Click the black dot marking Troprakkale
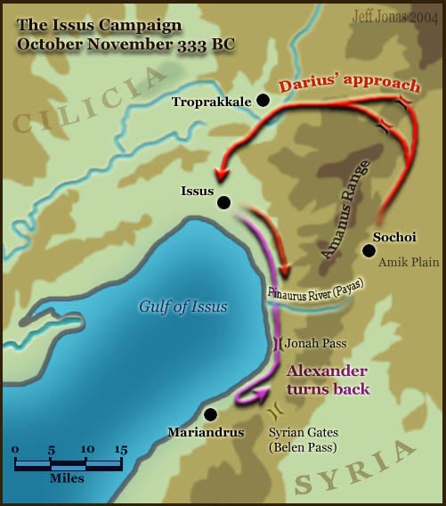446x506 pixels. click(263, 102)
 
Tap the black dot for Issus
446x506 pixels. click(223, 202)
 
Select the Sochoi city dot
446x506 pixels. click(369, 250)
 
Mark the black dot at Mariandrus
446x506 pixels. click(210, 414)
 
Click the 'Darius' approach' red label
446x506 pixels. click(348, 86)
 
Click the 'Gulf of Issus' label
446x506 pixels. click(182, 307)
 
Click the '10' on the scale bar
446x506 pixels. click(86, 449)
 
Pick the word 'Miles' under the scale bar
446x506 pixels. click(67, 479)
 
